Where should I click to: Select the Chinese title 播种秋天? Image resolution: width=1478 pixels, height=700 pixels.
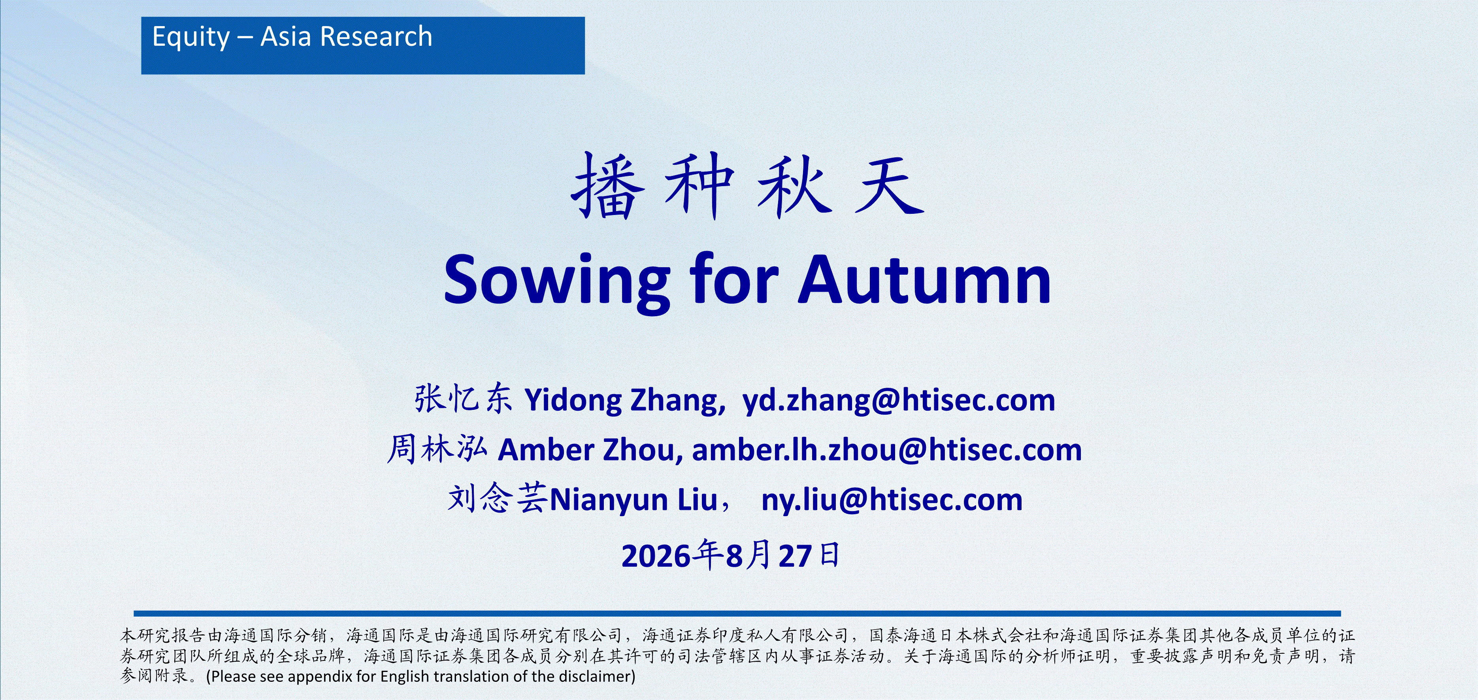coord(748,186)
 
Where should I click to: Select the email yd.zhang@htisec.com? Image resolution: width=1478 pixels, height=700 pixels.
coord(899,400)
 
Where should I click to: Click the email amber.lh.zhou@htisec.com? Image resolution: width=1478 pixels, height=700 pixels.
coord(887,449)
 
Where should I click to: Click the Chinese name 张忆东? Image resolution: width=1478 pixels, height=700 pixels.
coord(462,399)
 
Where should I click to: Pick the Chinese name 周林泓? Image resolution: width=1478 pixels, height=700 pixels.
coord(437,448)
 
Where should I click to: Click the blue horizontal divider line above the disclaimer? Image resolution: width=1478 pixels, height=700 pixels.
coord(737,613)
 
